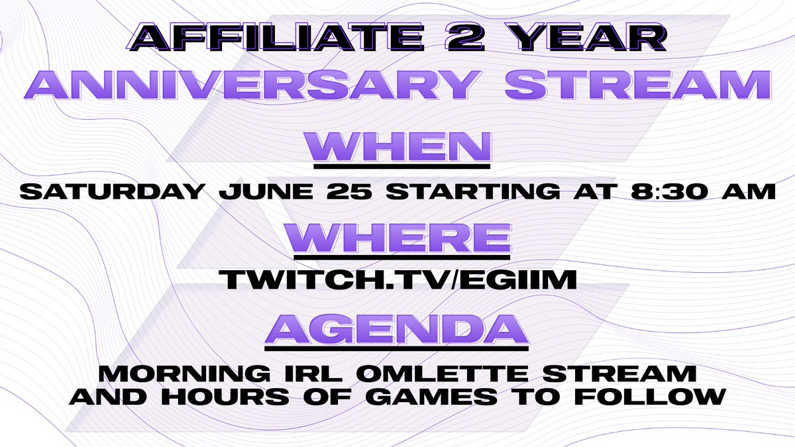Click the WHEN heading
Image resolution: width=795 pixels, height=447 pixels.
(397, 146)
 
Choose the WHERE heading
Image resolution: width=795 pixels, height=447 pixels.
(397, 236)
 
